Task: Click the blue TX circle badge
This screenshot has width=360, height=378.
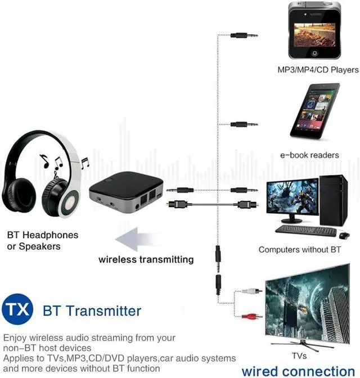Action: click(17, 310)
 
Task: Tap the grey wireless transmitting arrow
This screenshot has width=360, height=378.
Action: click(134, 238)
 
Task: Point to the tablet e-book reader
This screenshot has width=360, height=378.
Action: click(315, 111)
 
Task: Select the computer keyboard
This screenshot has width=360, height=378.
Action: click(305, 230)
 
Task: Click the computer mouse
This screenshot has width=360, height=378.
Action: click(344, 235)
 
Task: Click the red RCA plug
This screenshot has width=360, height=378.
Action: click(251, 316)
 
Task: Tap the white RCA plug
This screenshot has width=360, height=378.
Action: click(251, 291)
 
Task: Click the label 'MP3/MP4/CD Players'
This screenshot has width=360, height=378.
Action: click(318, 70)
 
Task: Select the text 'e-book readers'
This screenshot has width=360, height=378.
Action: click(309, 155)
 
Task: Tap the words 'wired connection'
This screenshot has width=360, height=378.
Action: click(298, 371)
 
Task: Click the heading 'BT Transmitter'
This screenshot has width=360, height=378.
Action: click(92, 310)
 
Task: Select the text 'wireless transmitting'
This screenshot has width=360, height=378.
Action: click(146, 259)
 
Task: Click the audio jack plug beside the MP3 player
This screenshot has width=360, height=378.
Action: click(244, 35)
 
